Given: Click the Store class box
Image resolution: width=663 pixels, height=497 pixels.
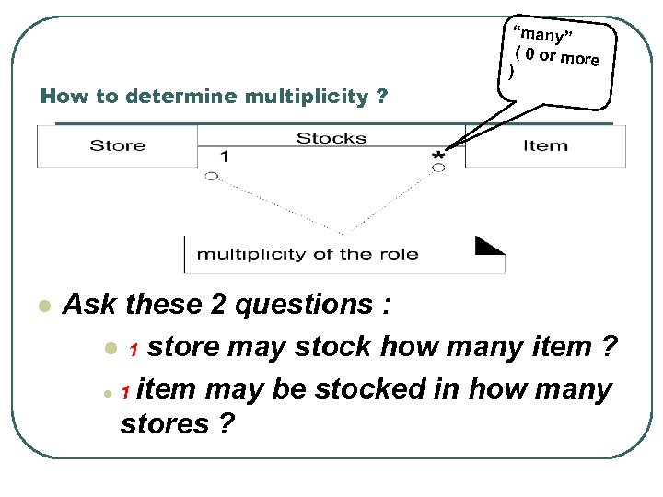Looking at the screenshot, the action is (x=117, y=145).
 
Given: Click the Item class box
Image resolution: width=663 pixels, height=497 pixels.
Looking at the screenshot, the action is (x=545, y=145).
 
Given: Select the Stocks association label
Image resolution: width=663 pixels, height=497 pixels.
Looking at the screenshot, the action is (x=331, y=138).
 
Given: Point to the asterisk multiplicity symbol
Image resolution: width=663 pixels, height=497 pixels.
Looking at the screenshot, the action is (x=438, y=157).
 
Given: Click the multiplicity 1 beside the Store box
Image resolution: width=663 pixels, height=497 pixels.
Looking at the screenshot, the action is (x=225, y=156).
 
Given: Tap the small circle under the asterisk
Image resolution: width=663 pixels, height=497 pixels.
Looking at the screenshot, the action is (x=438, y=169).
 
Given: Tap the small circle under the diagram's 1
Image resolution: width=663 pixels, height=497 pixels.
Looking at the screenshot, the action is (x=212, y=175).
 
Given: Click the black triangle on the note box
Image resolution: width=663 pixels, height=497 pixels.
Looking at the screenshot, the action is (x=489, y=245).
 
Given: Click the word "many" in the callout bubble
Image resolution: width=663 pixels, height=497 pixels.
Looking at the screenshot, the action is (x=543, y=36).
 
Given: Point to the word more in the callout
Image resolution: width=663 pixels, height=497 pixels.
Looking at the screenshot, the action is (x=580, y=59).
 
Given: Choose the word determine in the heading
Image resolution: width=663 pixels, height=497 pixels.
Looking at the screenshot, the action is (x=180, y=96).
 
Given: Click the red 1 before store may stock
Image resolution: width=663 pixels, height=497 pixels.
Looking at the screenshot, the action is (x=134, y=350).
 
